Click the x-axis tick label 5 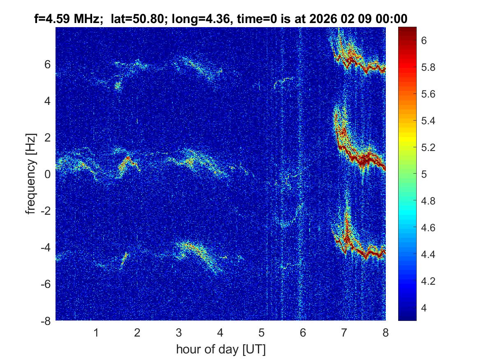tap(262, 332)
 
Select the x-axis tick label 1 tap(96, 332)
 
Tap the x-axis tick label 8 tap(385, 332)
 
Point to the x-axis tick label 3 tap(179, 332)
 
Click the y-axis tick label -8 tap(46, 321)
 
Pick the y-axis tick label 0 tap(48, 174)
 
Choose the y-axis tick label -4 tap(46, 248)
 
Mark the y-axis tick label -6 tap(46, 284)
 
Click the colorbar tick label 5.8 tap(429, 67)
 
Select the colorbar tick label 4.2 tap(429, 281)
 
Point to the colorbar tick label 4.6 tap(429, 228)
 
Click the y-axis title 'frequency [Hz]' tap(31, 174)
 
